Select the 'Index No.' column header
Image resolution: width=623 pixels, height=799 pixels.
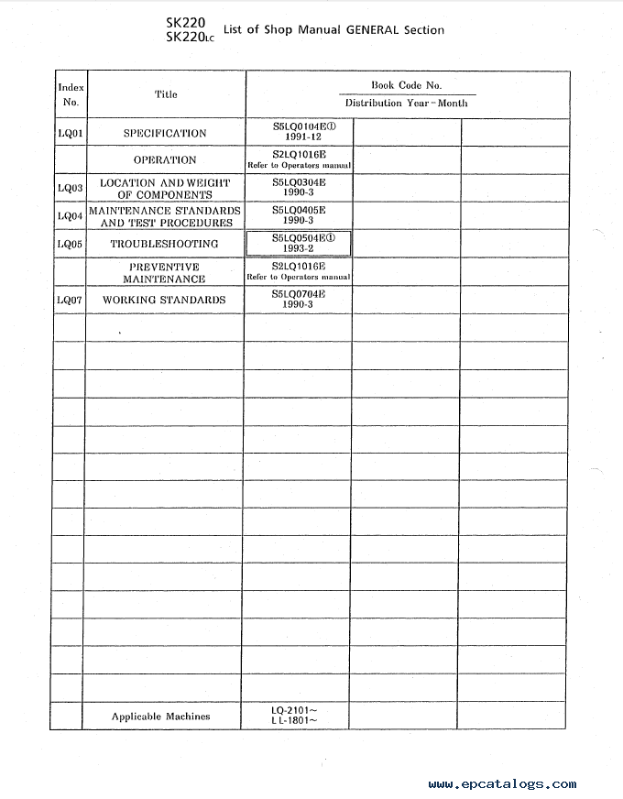pyautogui.click(x=71, y=95)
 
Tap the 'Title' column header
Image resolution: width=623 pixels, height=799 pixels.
pyautogui.click(x=166, y=94)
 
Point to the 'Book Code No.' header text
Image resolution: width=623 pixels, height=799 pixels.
pyautogui.click(x=406, y=85)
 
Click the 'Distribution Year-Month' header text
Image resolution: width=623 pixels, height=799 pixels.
pyautogui.click(x=406, y=104)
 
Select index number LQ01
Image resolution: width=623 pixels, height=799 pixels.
pyautogui.click(x=71, y=134)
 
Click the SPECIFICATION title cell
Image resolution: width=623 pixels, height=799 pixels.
pyautogui.click(x=165, y=134)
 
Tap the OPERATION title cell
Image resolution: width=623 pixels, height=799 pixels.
pyautogui.click(x=165, y=160)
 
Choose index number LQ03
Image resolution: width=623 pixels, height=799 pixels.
pyautogui.click(x=71, y=189)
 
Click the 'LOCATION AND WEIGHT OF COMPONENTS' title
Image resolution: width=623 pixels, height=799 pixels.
pyautogui.click(x=165, y=189)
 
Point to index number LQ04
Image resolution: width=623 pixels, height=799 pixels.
pyautogui.click(x=71, y=216)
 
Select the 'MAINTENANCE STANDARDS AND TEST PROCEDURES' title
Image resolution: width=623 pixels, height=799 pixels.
pyautogui.click(x=165, y=216)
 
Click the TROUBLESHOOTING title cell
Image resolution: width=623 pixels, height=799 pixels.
pyautogui.click(x=165, y=244)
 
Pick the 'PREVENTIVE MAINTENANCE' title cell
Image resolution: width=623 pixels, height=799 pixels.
pyautogui.click(x=165, y=272)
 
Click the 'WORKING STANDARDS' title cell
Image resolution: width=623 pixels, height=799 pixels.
pyautogui.click(x=165, y=300)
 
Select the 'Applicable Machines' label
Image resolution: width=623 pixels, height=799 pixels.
pyautogui.click(x=160, y=717)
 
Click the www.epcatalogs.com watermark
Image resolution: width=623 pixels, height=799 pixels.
pyautogui.click(x=502, y=783)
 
